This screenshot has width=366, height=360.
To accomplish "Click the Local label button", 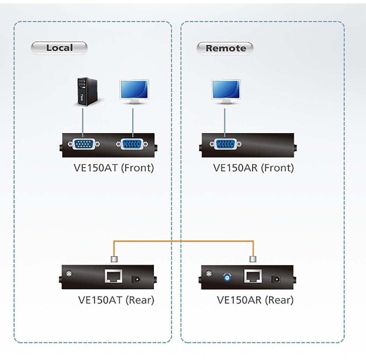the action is (x=59, y=48).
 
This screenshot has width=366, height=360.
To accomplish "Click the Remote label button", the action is (x=225, y=48).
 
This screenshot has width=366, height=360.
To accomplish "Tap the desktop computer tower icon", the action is (x=87, y=92).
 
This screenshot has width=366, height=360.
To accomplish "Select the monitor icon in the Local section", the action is (x=134, y=92).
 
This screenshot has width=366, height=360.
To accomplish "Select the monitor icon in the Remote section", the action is (x=226, y=92).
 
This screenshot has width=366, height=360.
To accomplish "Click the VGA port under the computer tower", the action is (x=84, y=144).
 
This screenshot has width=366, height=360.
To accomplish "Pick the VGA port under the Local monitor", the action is (x=132, y=144).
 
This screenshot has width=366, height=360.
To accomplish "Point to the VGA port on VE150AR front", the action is (x=226, y=144).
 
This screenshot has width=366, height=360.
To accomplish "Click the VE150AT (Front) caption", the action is (x=114, y=168).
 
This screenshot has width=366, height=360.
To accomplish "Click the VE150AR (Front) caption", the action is (x=253, y=168).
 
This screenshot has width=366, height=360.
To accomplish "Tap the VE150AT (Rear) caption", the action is (x=116, y=300).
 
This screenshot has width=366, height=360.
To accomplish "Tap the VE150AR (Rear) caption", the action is (x=255, y=300).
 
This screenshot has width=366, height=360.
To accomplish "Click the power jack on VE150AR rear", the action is (x=276, y=279).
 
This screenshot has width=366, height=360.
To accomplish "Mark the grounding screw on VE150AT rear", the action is (x=69, y=274).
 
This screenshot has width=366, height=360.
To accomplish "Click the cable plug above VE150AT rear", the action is (x=114, y=259).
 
